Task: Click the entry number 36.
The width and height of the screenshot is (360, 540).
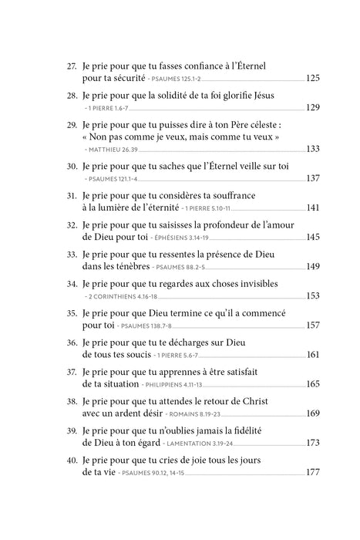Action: (x=72, y=343)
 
